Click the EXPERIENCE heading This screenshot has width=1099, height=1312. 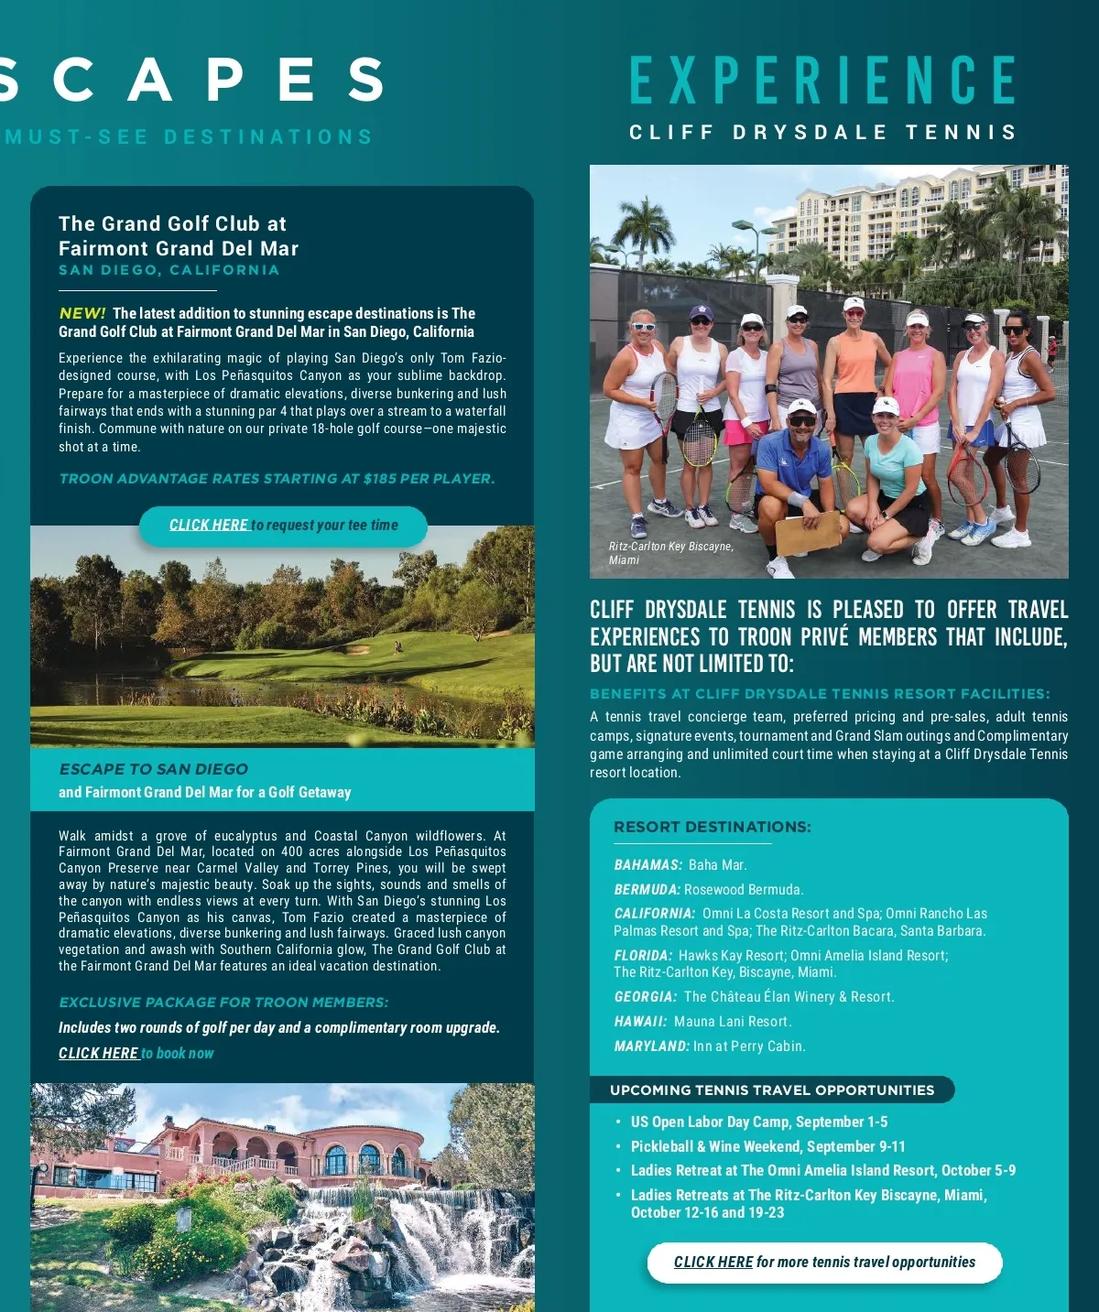pyautogui.click(x=822, y=81)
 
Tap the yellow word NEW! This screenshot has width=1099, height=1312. pyautogui.click(x=82, y=313)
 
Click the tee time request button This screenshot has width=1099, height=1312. pyautogui.click(x=283, y=526)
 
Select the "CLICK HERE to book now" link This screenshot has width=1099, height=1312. pyautogui.click(x=136, y=1053)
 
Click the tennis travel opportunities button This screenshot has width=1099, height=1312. pyautogui.click(x=824, y=1263)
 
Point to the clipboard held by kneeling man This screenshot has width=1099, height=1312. pyautogui.click(x=808, y=532)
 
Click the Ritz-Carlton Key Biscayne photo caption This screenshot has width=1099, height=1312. pyautogui.click(x=670, y=553)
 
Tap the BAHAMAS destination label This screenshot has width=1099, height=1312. pyautogui.click(x=647, y=865)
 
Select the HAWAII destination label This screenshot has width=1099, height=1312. pyautogui.click(x=640, y=1022)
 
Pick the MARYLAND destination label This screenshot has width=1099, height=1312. pyautogui.click(x=651, y=1046)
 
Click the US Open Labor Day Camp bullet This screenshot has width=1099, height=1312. pyautogui.click(x=758, y=1122)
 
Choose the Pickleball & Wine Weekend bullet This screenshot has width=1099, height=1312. pyautogui.click(x=767, y=1146)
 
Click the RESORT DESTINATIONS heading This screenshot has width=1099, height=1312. pyautogui.click(x=712, y=827)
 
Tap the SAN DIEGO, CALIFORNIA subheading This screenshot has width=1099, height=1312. pyautogui.click(x=169, y=270)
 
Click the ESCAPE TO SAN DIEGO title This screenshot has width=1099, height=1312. pyautogui.click(x=153, y=769)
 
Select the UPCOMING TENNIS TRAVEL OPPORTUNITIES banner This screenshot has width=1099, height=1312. pyautogui.click(x=772, y=1090)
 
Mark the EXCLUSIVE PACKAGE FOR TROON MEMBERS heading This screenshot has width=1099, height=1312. pyautogui.click(x=223, y=1003)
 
